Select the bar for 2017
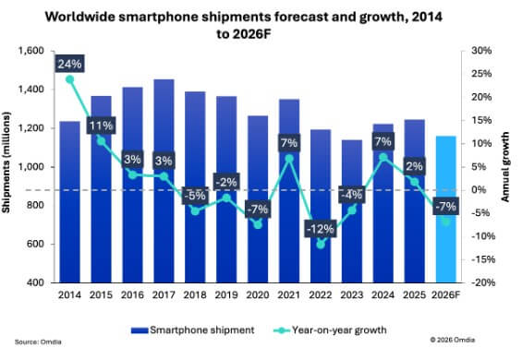tap(164, 185)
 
